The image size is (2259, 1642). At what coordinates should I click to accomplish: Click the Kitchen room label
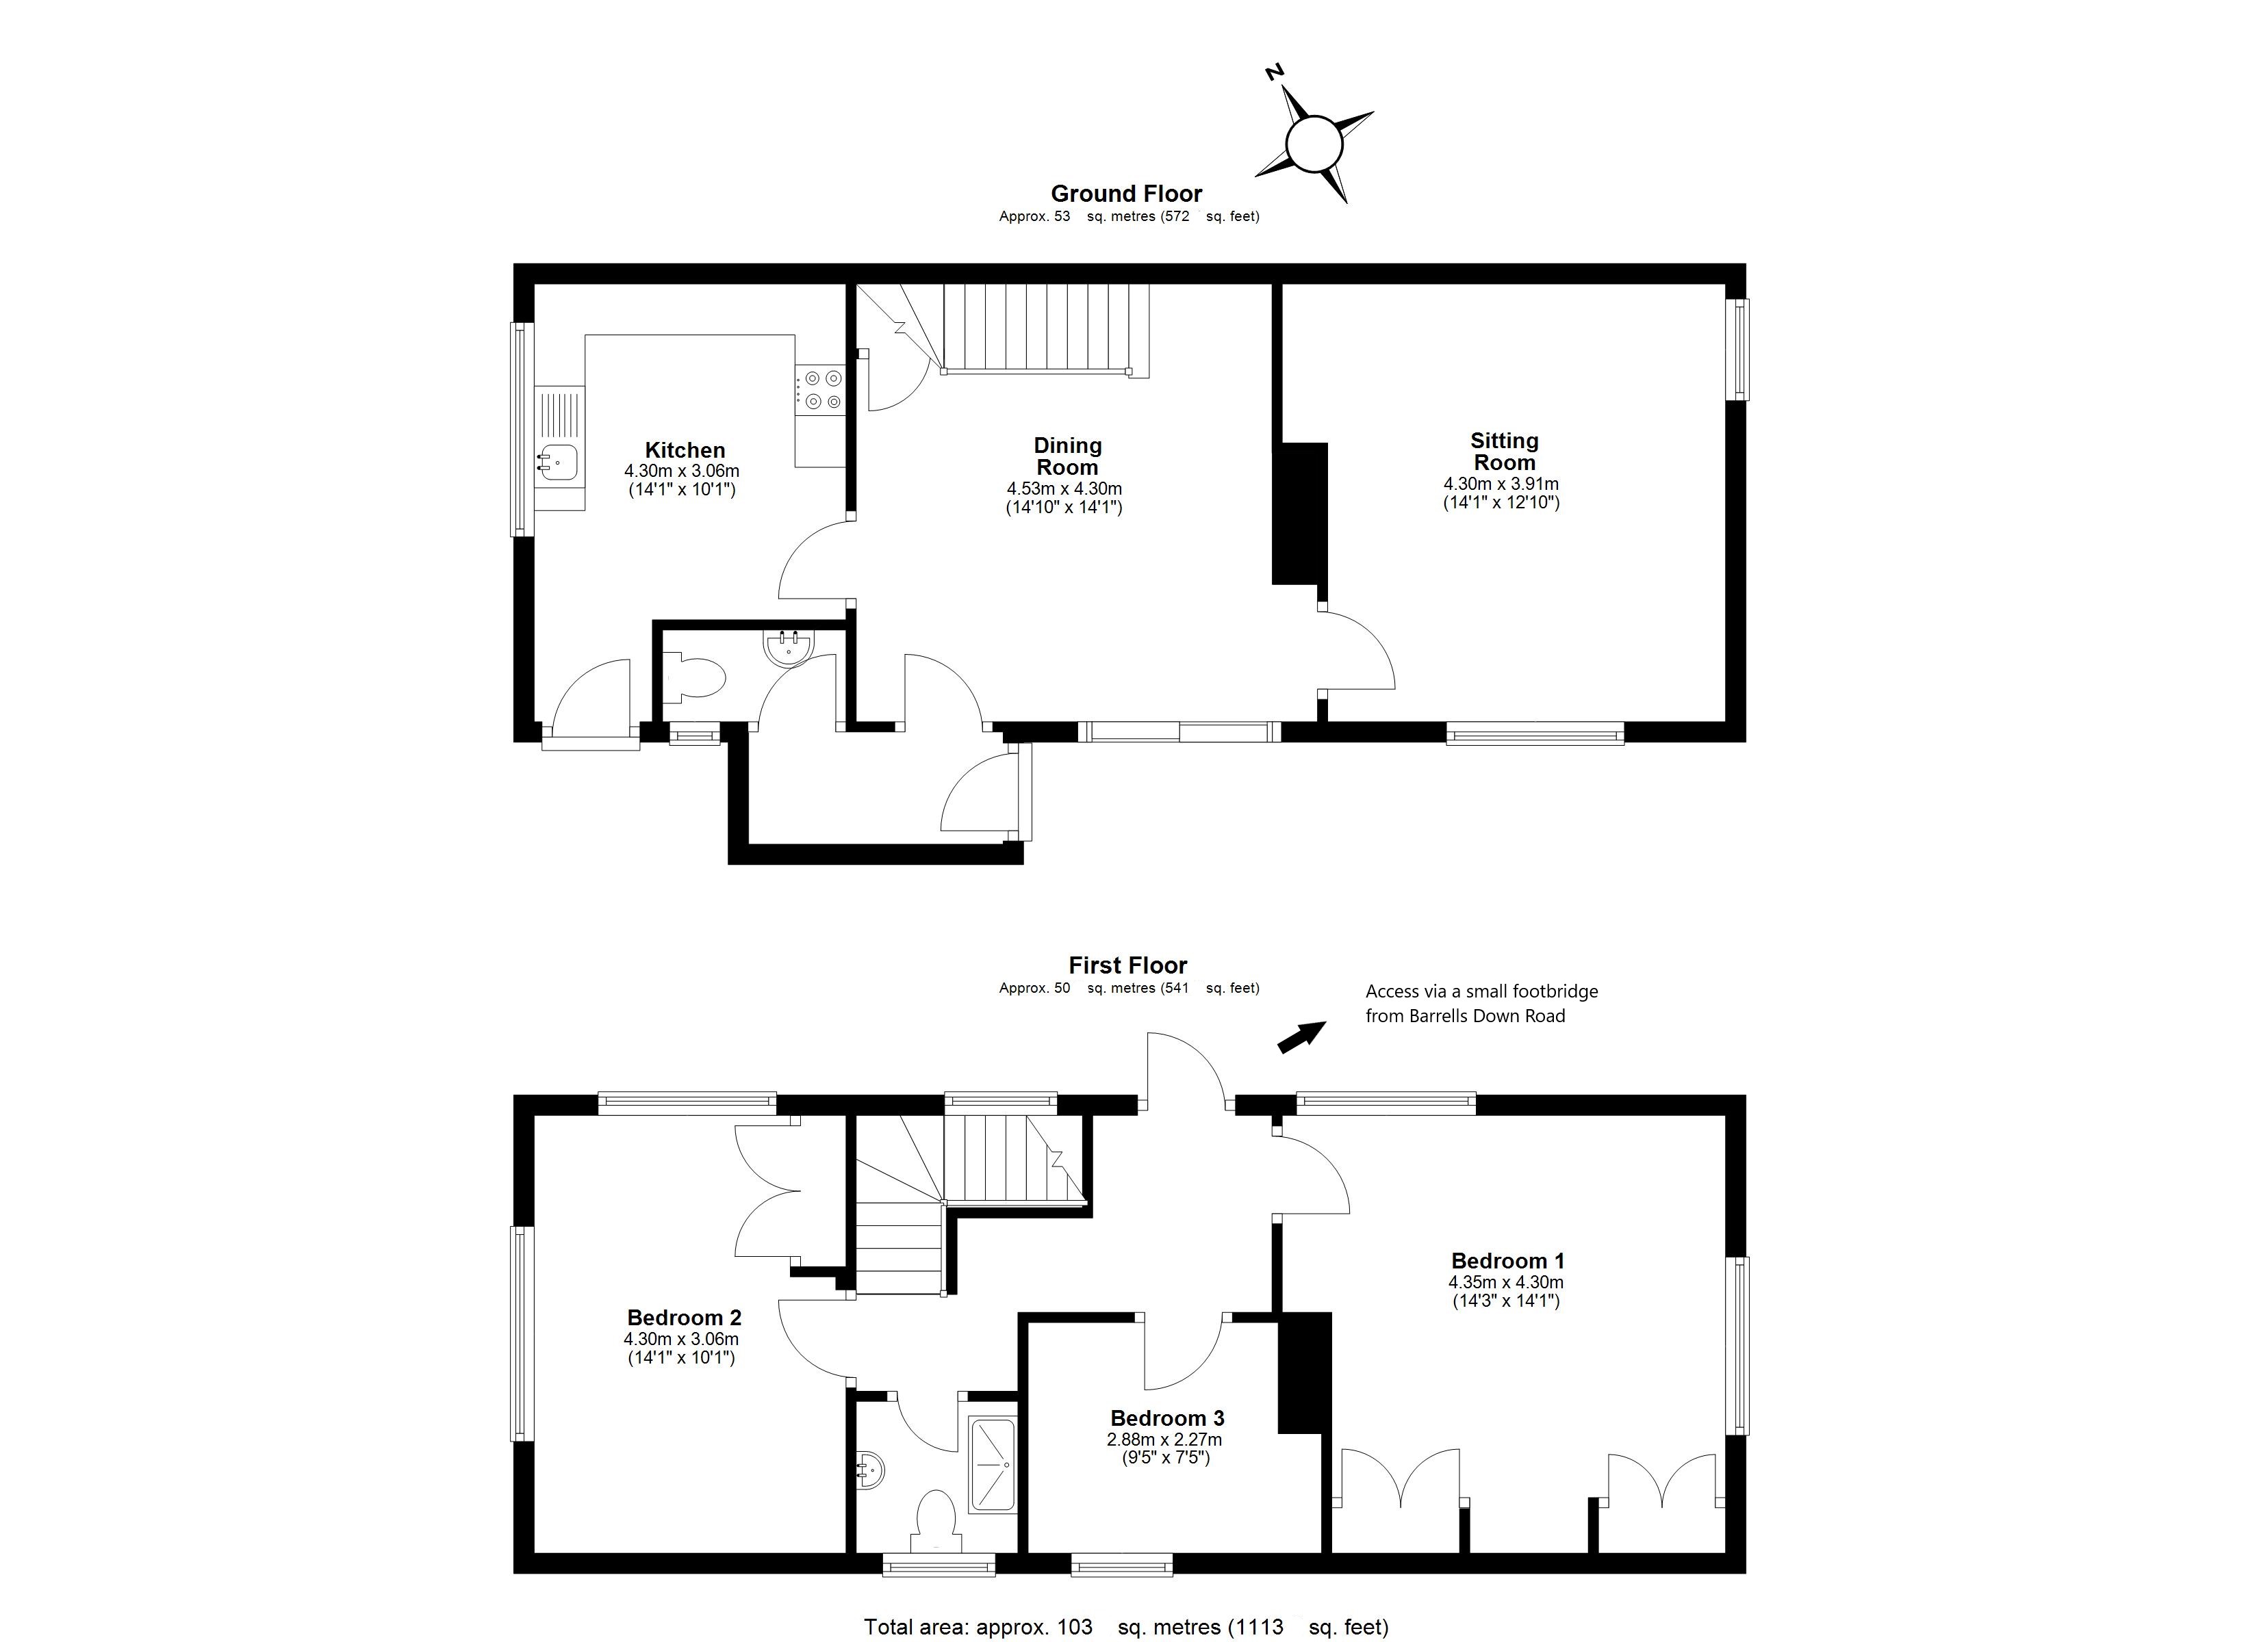685,450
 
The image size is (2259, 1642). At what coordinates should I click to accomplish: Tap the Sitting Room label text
1504,451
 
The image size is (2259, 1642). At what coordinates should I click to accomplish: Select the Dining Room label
1067,456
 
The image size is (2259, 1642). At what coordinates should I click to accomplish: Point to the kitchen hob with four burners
821,389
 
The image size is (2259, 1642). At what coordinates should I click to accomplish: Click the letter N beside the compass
1273,72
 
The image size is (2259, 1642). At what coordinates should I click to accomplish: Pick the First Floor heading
1127,965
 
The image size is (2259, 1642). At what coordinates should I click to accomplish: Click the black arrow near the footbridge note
1301,1037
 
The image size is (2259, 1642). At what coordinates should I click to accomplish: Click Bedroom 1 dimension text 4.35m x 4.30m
1505,1283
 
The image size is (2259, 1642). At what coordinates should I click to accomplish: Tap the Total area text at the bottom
1125,1627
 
